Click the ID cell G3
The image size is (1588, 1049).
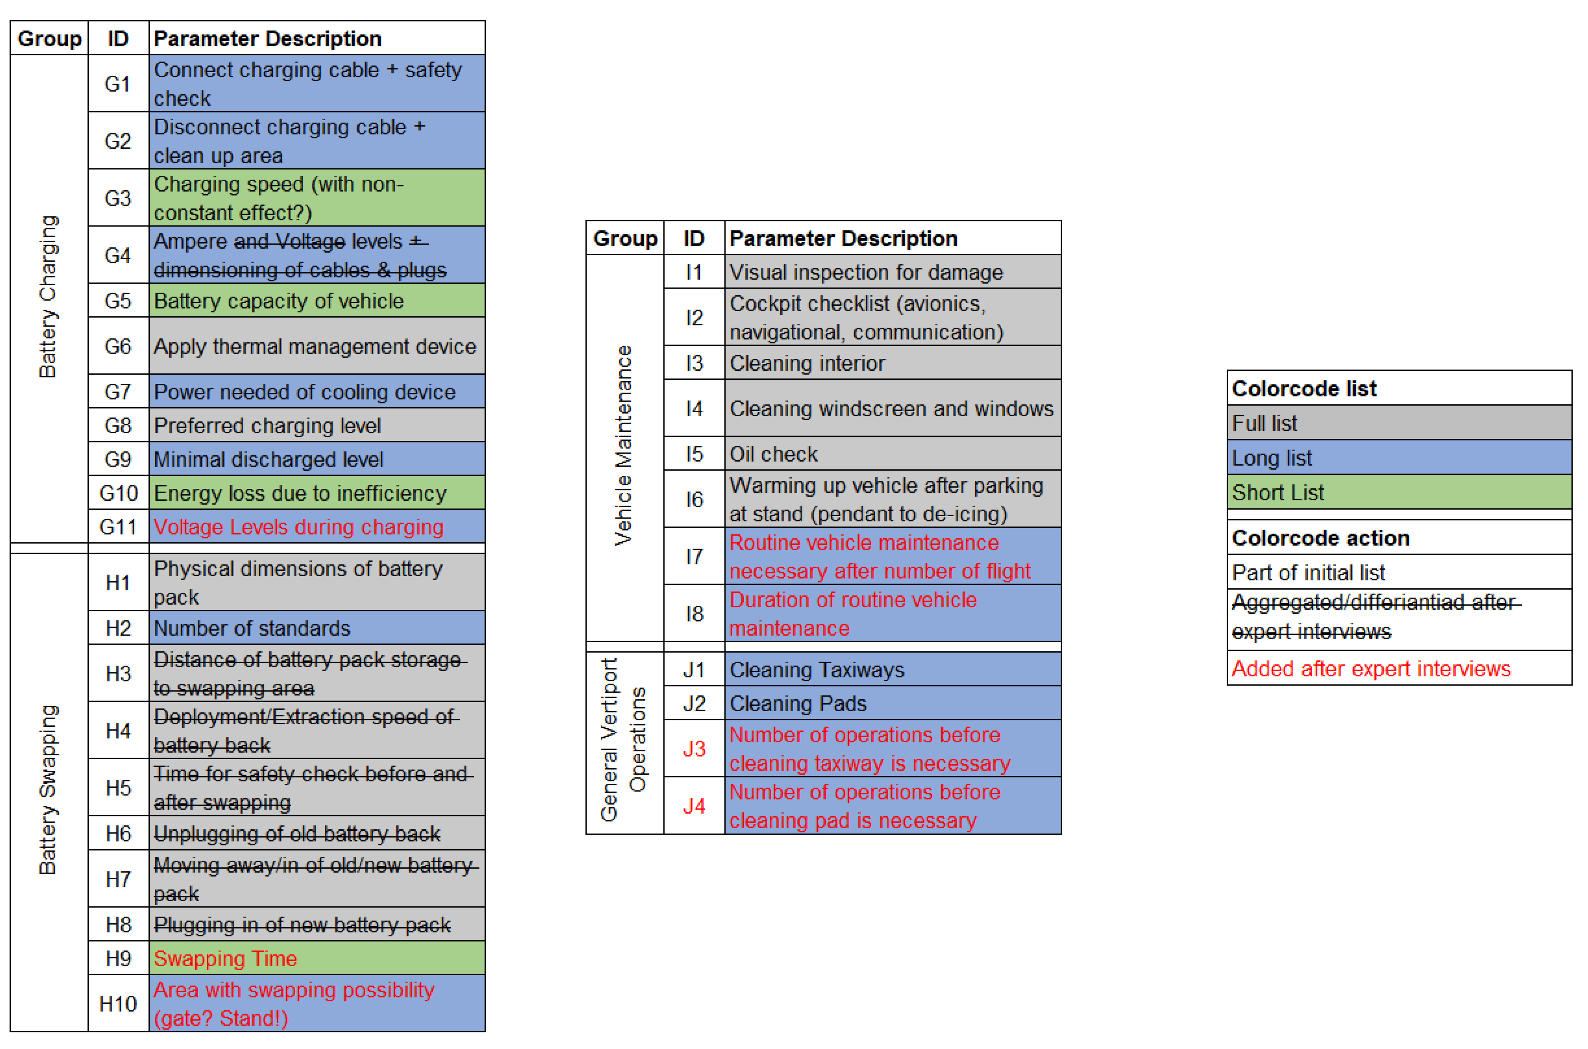click(118, 198)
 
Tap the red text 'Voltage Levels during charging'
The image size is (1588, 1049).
click(298, 527)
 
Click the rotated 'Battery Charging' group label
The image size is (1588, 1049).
click(48, 297)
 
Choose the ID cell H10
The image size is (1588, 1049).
click(118, 1003)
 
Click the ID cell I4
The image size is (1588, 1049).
click(694, 409)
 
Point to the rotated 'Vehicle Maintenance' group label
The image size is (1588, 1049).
click(623, 445)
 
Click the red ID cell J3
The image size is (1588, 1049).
click(694, 748)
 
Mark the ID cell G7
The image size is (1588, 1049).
click(118, 392)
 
